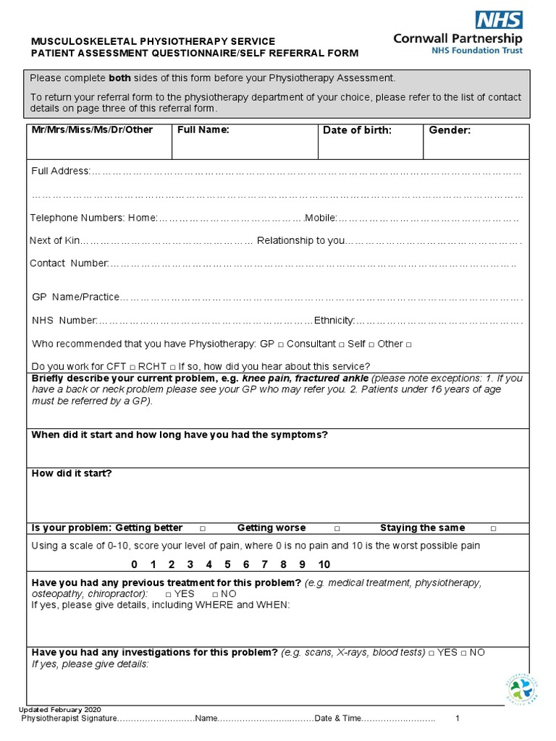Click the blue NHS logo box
pos(498,20)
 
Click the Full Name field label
pos(203,130)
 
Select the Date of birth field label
pos(357,130)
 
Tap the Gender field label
pos(450,130)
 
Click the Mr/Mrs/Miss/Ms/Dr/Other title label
pos(93,130)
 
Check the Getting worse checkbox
pos(337,528)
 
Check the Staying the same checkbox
pos(493,528)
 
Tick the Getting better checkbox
pos(203,528)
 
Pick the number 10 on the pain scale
pos(324,564)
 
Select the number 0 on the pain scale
pos(134,564)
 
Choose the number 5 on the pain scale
pos(227,564)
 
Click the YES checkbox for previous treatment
pos(168,594)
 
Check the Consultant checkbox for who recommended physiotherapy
pos(281,344)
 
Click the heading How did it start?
pos(72,474)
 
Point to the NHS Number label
pos(64,321)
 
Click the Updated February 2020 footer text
pos(60,710)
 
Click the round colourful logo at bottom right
pos(521,689)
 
